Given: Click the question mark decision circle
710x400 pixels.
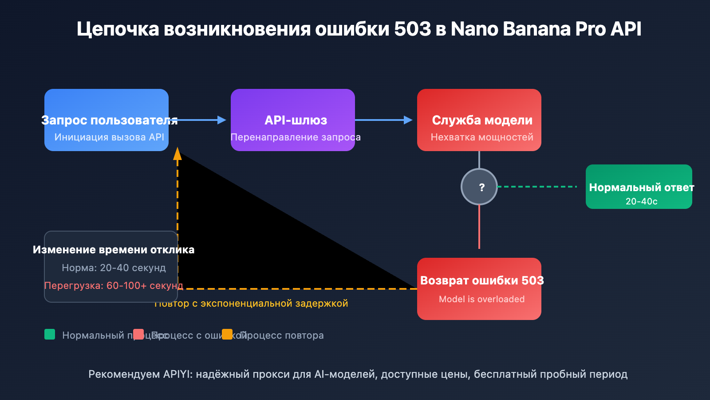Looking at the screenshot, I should point(479,187).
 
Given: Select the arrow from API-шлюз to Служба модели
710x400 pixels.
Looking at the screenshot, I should point(384,120).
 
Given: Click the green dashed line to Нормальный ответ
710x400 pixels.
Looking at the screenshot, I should point(537,187).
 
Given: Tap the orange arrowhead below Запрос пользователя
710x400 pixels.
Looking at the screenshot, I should point(177,154).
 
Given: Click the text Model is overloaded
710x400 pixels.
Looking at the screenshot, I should point(481,299).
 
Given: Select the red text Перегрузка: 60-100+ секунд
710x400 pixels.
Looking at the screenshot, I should point(114,285).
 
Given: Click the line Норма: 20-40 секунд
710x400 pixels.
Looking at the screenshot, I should point(114,268).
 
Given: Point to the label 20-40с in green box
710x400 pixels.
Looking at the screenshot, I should point(641,201).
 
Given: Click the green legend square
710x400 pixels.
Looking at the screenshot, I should point(50,334).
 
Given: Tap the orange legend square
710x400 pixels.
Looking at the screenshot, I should point(227,334).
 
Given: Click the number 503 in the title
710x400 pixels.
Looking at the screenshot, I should point(412,29).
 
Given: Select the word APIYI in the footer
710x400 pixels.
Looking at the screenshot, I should point(177,374).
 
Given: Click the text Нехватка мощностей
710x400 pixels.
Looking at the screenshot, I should point(482,137).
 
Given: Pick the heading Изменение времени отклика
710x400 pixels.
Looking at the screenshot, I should point(114,250).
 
